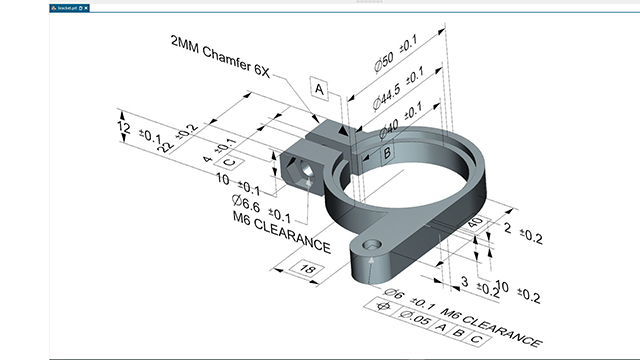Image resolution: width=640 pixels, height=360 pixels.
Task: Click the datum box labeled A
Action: [x=321, y=89]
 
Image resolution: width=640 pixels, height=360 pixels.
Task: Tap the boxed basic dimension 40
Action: [x=475, y=221]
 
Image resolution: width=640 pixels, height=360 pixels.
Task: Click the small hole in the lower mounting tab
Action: [x=373, y=244]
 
